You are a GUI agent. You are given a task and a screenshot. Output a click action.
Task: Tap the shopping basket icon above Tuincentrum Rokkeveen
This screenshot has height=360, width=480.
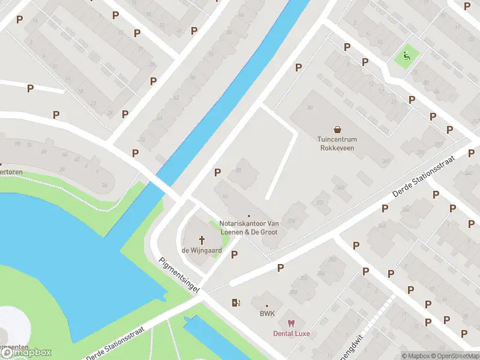337,128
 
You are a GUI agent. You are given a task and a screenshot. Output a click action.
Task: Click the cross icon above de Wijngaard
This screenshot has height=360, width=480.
202,240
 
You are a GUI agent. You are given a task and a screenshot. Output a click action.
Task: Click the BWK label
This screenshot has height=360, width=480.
267,314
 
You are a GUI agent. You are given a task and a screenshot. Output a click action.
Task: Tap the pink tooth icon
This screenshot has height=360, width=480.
292,323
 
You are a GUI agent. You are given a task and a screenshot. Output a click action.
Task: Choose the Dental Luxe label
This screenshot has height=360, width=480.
292,333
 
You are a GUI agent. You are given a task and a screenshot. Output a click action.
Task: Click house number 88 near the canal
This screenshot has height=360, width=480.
238,170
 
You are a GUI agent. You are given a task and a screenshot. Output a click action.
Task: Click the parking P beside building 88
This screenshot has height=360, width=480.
217,173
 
